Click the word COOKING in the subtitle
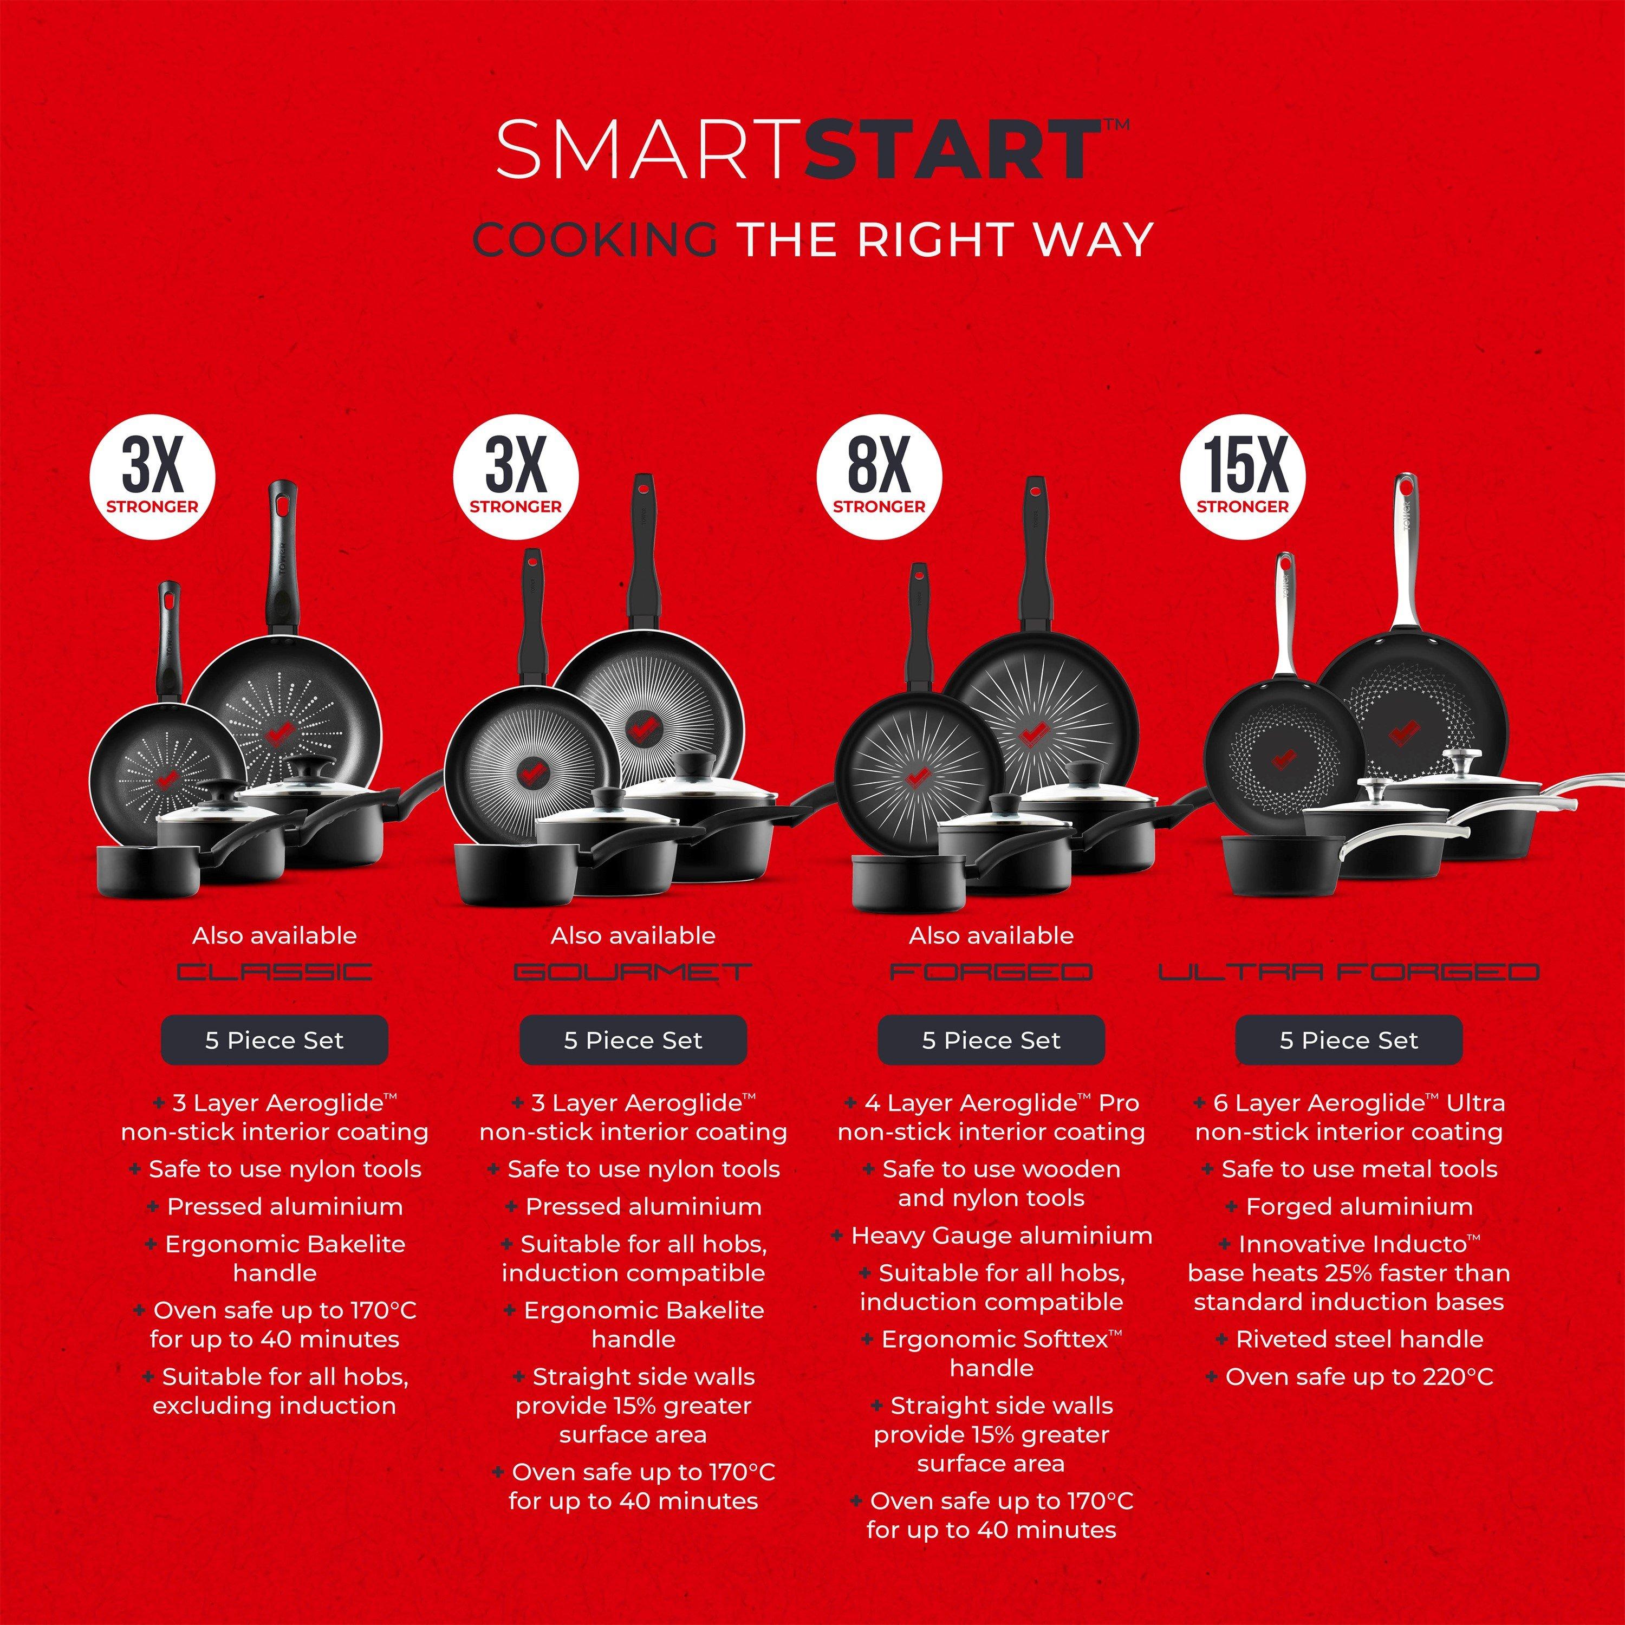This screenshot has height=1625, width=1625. [595, 240]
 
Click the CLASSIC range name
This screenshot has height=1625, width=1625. [274, 972]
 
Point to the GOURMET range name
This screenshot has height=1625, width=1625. [633, 972]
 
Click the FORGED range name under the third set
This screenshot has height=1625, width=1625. [991, 972]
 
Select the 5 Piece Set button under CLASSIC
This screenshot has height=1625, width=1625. [274, 1041]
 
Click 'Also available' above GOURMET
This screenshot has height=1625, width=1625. [633, 935]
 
